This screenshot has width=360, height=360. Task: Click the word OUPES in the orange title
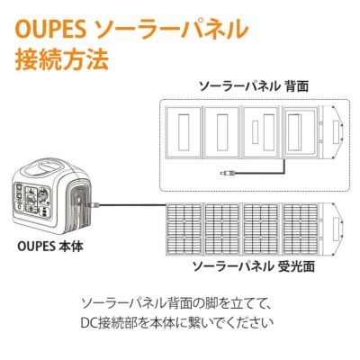click(x=51, y=30)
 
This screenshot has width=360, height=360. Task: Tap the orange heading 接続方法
click(x=62, y=59)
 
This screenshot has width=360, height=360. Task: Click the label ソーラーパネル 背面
click(x=254, y=86)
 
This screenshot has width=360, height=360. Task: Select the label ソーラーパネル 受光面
click(x=254, y=265)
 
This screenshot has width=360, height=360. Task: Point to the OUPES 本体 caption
click(x=50, y=247)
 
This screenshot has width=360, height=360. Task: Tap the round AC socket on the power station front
click(x=44, y=193)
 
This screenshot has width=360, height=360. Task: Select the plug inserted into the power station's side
click(x=92, y=205)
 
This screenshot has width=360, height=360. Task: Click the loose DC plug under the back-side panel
click(x=229, y=173)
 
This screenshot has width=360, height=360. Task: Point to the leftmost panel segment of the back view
click(x=184, y=132)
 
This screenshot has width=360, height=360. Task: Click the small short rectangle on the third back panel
click(x=256, y=132)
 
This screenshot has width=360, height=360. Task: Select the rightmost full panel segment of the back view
click(x=301, y=132)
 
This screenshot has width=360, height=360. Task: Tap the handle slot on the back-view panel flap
click(x=336, y=132)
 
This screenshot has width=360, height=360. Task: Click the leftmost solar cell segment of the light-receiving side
click(x=184, y=229)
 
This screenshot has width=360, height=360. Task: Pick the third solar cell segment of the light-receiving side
click(x=261, y=229)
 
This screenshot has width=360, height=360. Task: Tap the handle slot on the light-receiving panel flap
click(x=336, y=229)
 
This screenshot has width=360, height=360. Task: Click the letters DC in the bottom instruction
click(x=88, y=323)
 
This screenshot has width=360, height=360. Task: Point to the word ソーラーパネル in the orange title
click(x=171, y=30)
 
